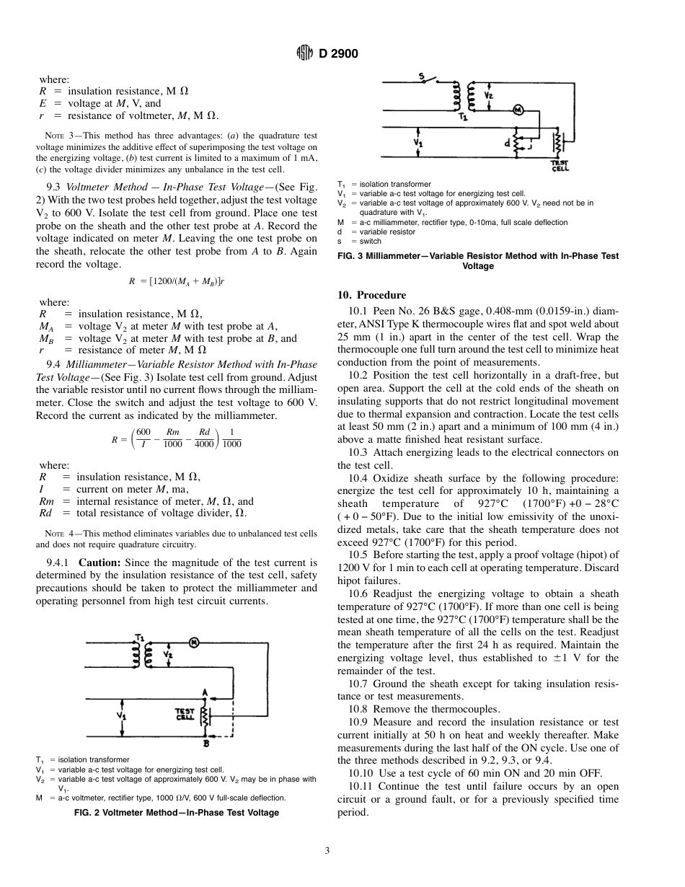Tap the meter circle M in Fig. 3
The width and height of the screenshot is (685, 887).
[517, 109]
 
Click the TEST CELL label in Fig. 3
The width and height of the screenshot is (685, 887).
[560, 167]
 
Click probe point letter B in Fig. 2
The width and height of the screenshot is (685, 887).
[205, 742]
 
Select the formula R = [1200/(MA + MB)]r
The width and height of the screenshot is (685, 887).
[176, 283]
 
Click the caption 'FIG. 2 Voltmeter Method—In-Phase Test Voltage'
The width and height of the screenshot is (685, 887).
[177, 812]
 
